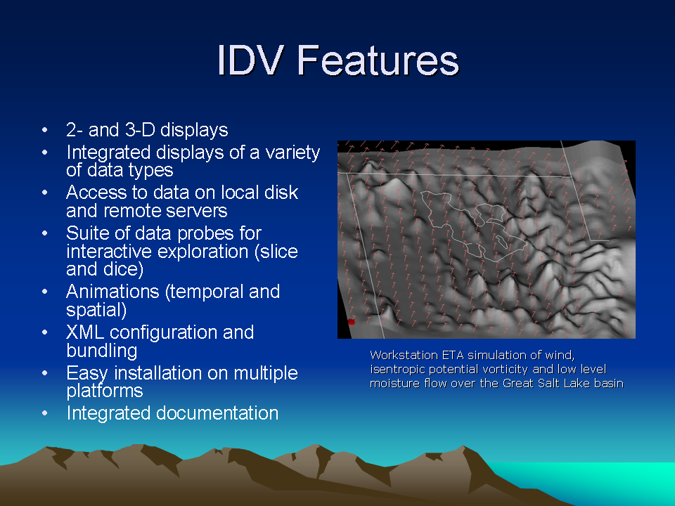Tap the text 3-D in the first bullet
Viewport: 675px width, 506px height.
tap(141, 129)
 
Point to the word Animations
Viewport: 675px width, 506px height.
tap(112, 291)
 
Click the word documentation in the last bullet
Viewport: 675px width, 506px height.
tap(217, 413)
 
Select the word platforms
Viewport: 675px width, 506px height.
tap(105, 391)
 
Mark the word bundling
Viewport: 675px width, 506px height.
tap(102, 351)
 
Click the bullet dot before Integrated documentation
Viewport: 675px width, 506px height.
tap(45, 413)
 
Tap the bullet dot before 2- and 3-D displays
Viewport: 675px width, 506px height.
tap(45, 130)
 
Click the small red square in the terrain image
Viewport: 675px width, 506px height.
tap(352, 322)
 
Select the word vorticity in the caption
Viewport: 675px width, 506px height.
tap(504, 370)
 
